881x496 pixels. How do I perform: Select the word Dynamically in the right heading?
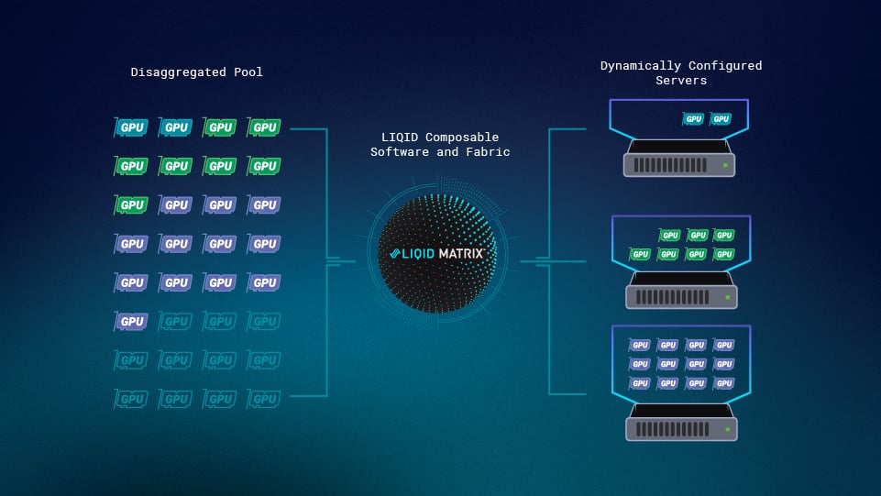click(642, 66)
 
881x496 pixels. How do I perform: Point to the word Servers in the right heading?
click(681, 81)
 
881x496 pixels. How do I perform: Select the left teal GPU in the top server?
click(694, 119)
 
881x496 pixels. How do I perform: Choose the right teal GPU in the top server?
click(721, 119)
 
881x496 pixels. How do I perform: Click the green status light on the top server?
click(724, 166)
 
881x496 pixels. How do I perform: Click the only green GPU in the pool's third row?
click(132, 205)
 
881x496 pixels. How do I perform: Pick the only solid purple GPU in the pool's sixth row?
click(132, 322)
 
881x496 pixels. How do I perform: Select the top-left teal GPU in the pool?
click(132, 127)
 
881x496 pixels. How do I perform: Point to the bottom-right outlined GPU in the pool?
click(264, 399)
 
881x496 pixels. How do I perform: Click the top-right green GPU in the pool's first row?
click(264, 127)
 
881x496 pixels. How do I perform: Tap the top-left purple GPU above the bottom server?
click(640, 346)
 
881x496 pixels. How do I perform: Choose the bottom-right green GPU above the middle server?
click(723, 254)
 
